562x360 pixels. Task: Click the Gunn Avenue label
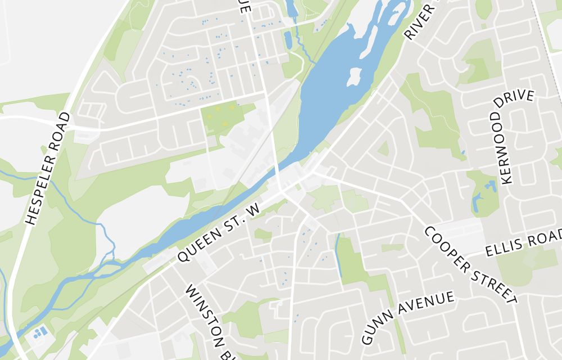(407, 317)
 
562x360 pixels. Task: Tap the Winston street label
(205, 321)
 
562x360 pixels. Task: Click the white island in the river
(353, 77)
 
